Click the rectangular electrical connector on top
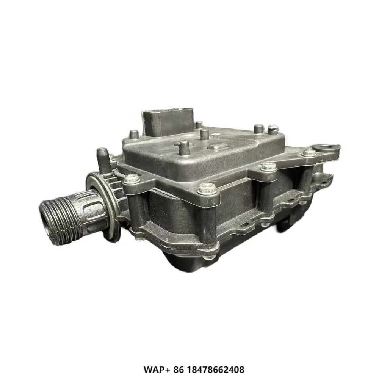(x=167, y=121)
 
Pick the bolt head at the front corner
(x=207, y=187)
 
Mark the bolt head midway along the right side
(x=268, y=166)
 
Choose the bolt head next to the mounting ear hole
(x=309, y=152)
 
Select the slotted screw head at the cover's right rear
(x=273, y=130)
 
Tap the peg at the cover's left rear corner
(x=134, y=134)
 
